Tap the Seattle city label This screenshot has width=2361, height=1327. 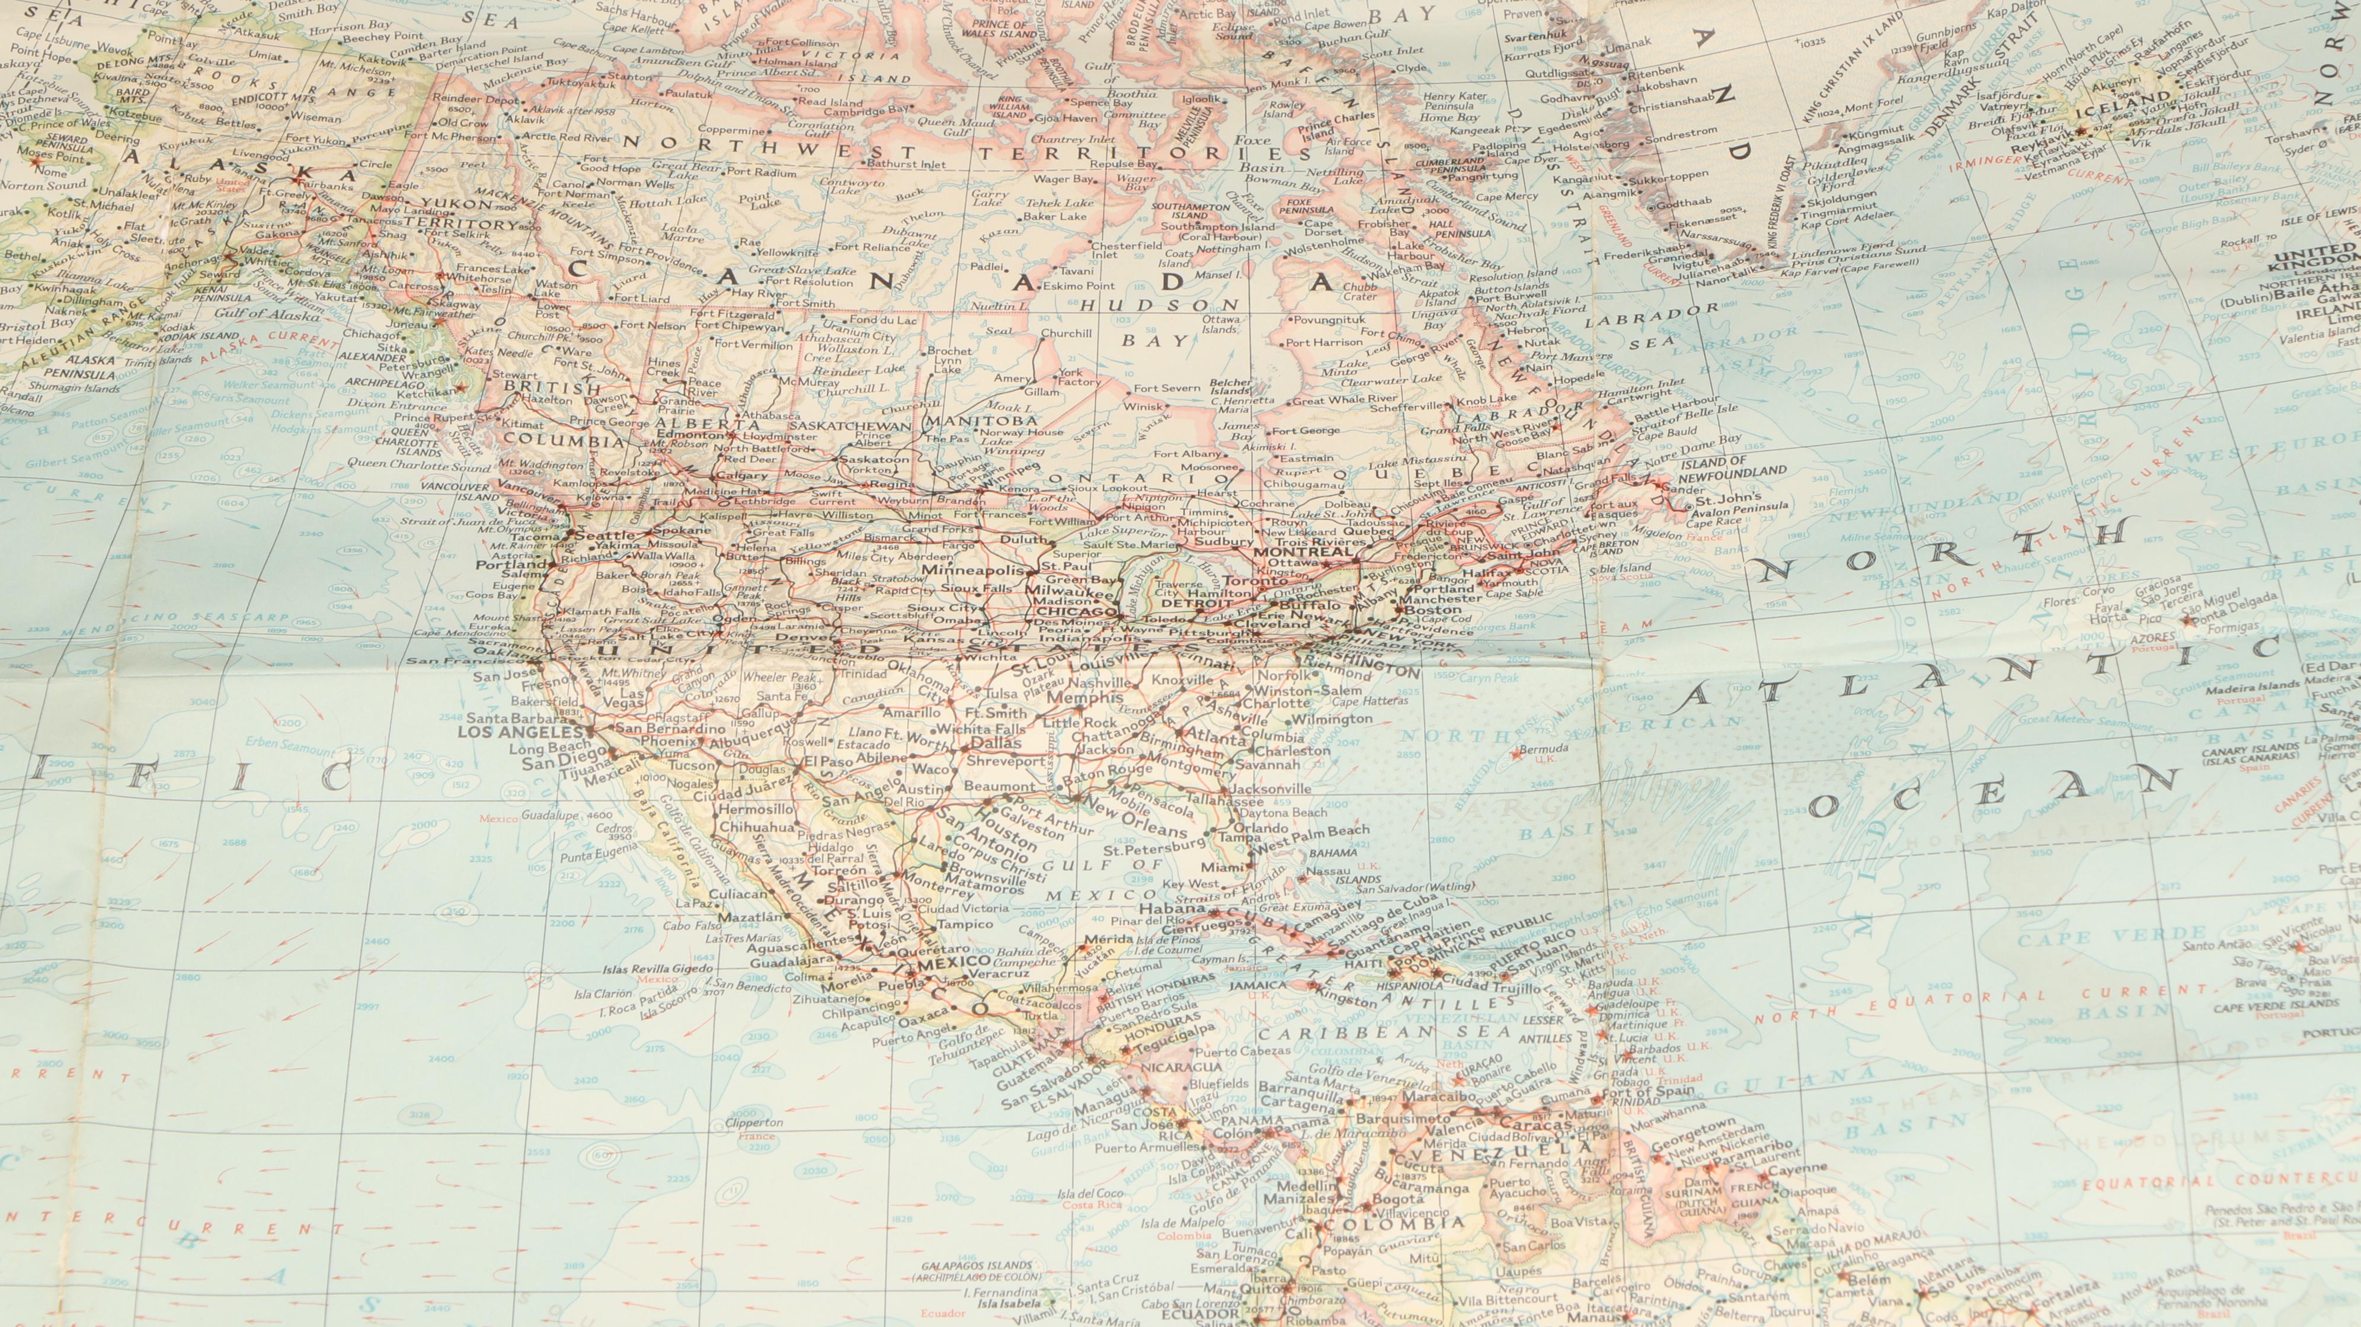click(604, 535)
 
